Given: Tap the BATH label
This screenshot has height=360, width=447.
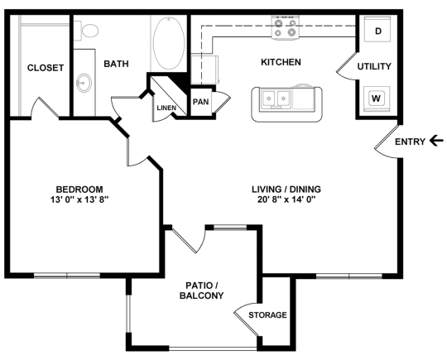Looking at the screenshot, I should coord(114,63).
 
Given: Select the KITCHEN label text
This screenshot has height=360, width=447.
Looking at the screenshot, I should coord(281,62).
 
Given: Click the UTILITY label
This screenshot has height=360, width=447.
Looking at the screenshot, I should coord(374,66).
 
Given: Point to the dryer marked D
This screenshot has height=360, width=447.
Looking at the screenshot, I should coord(377,31).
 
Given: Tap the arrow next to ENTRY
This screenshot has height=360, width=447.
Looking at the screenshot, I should coord(437,142).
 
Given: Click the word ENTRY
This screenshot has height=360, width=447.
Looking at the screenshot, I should coord(410,142).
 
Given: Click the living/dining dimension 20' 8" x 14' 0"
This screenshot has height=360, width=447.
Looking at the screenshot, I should coord(286,199).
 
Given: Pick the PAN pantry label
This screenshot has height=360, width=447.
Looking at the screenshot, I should coord(201,102).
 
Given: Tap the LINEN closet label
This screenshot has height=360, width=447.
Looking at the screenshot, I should coord(166,108).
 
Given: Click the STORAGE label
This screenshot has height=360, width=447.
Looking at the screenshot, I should coord(267,315).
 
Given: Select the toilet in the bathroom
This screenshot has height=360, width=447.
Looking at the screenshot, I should coord(89,31).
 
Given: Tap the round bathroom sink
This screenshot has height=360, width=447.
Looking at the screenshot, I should coord(84,83).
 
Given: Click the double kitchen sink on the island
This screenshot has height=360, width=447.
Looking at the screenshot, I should coord(276,100).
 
